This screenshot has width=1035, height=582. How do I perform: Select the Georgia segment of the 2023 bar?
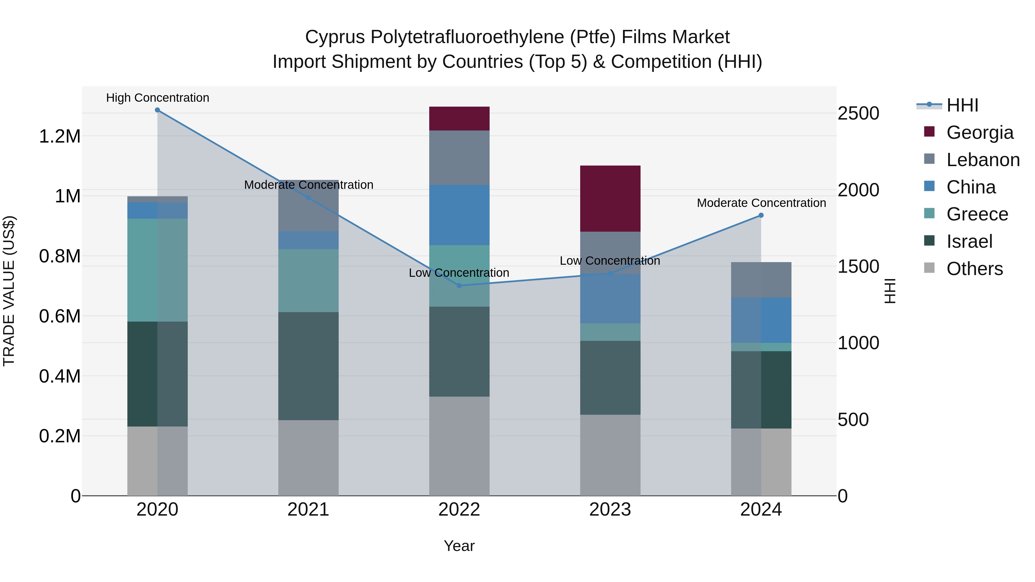[610, 198]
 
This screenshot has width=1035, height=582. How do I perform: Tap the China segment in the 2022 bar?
[459, 215]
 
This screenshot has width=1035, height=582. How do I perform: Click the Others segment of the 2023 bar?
[610, 455]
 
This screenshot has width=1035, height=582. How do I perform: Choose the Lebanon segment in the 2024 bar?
[761, 280]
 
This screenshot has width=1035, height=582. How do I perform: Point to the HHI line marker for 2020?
[158, 110]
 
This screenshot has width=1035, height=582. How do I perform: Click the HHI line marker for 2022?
[459, 286]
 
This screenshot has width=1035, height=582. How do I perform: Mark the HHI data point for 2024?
[761, 215]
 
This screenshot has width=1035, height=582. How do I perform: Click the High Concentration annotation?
[158, 98]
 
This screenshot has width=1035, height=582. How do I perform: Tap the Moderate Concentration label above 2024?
[761, 203]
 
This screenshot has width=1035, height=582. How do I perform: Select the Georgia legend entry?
[980, 132]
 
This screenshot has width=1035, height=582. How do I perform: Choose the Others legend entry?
[974, 269]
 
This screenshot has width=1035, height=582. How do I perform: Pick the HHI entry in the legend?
[962, 105]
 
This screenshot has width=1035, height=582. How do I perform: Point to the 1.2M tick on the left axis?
[60, 137]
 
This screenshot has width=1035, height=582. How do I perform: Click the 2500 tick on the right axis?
[858, 113]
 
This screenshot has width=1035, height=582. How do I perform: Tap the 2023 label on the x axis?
[610, 510]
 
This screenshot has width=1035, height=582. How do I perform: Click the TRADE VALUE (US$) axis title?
[9, 291]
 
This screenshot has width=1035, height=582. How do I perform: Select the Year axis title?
[459, 546]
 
